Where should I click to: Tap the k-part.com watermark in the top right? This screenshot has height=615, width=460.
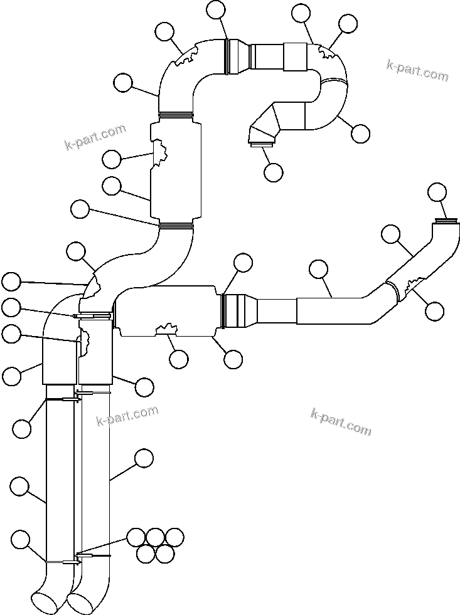point(417,71)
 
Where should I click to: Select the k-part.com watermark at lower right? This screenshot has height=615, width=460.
point(341,421)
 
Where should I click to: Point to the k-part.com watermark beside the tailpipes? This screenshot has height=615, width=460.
point(127,416)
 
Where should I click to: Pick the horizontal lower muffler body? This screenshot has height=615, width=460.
point(168,311)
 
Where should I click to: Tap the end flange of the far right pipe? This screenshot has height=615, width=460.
point(445,219)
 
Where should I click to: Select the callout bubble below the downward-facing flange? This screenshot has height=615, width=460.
point(274,172)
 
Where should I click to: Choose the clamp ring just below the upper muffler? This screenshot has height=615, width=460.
point(175,224)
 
